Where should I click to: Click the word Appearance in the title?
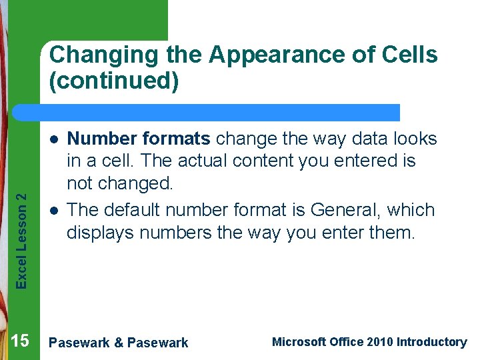(265, 55)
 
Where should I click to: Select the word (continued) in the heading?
(114, 82)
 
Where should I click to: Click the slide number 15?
(20, 341)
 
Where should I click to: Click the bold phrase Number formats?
(139, 139)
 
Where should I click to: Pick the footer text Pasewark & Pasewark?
(119, 343)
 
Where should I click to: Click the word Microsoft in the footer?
(299, 342)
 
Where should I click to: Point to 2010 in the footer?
(379, 342)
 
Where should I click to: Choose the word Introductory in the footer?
(431, 342)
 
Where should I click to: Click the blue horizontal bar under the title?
(220, 112)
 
